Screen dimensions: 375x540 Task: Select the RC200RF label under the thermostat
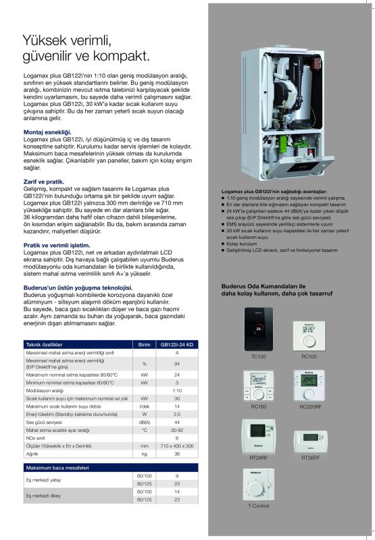pos(309,407)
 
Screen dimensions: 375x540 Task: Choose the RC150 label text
pos(257,407)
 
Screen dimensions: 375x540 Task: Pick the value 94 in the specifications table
pos(177,364)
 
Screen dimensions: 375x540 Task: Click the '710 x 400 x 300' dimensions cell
pos(177,446)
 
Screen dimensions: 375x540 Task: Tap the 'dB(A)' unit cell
pos(144,421)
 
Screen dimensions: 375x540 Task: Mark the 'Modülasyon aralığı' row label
pos(45,391)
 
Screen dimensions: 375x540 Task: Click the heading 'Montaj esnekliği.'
pos(47,132)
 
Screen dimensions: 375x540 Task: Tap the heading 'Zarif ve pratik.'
pos(44,182)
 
